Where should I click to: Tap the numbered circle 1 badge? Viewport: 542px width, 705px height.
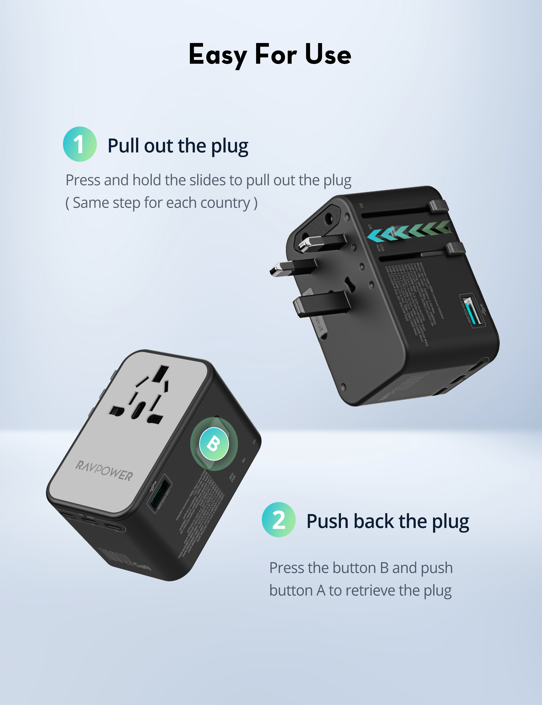tap(80, 144)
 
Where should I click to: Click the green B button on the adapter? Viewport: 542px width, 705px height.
tap(214, 444)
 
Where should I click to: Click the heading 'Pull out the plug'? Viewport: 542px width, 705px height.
tap(178, 146)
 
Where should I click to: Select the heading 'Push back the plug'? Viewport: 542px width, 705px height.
tap(388, 521)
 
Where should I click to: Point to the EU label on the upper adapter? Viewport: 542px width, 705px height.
tap(361, 206)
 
